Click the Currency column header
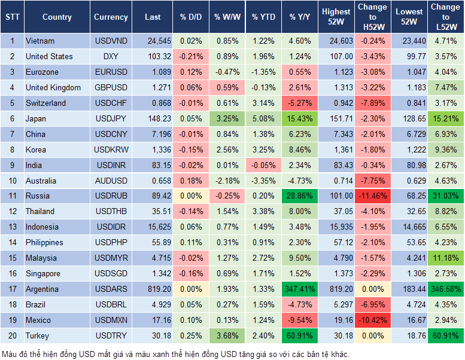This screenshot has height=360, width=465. click(x=111, y=17)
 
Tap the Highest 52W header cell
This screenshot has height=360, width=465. click(x=336, y=17)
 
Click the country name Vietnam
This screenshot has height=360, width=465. click(x=40, y=41)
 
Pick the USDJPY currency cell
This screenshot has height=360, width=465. click(x=111, y=119)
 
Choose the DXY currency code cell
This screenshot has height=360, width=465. click(x=111, y=57)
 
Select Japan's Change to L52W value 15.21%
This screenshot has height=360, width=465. click(x=445, y=119)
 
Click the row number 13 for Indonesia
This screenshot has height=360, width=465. click(x=11, y=227)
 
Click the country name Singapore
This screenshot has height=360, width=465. click(x=43, y=274)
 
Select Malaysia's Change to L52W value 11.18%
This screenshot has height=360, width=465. click(x=445, y=258)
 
